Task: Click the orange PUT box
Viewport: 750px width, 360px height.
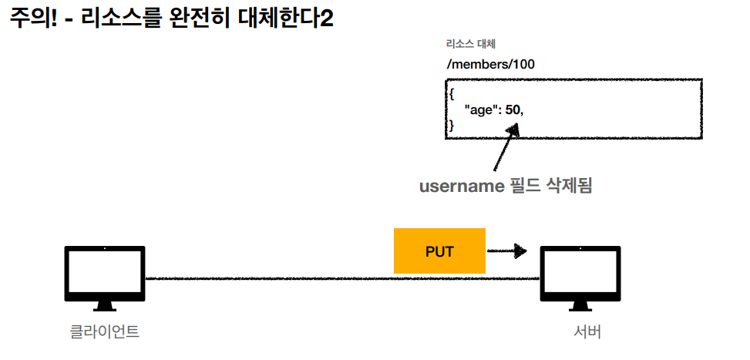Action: click(439, 251)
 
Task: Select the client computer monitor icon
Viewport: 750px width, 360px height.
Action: click(105, 273)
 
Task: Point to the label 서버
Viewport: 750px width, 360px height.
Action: click(587, 332)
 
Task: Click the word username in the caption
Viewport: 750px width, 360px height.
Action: click(459, 186)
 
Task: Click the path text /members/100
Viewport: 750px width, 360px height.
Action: click(490, 64)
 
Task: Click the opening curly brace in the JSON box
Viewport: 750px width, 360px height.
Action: click(452, 93)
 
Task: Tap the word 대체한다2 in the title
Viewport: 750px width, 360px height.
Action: click(291, 19)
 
